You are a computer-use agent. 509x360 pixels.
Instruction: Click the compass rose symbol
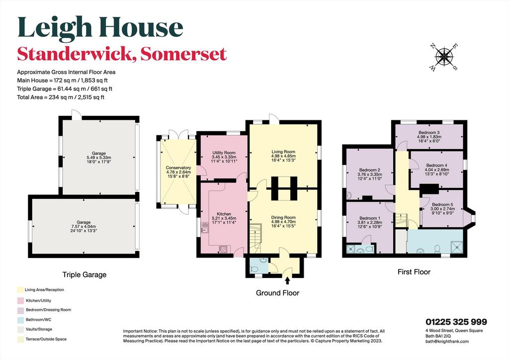(443, 57)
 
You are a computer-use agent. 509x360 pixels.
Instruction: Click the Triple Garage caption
(85, 275)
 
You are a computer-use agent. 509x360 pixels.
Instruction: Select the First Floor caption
(414, 272)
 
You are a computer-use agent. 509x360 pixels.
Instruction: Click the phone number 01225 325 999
(456, 322)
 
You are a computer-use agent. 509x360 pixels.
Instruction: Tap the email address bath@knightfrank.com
(447, 342)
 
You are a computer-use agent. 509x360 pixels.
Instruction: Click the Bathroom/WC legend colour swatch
(20, 320)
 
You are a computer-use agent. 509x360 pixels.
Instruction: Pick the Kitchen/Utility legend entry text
(38, 301)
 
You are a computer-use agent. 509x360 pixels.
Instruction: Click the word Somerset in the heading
(184, 54)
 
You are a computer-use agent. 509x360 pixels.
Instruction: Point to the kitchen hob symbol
(224, 249)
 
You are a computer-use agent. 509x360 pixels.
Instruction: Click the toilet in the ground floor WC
(254, 269)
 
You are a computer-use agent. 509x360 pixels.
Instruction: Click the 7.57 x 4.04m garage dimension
(84, 227)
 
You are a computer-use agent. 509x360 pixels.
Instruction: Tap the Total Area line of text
(61, 97)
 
